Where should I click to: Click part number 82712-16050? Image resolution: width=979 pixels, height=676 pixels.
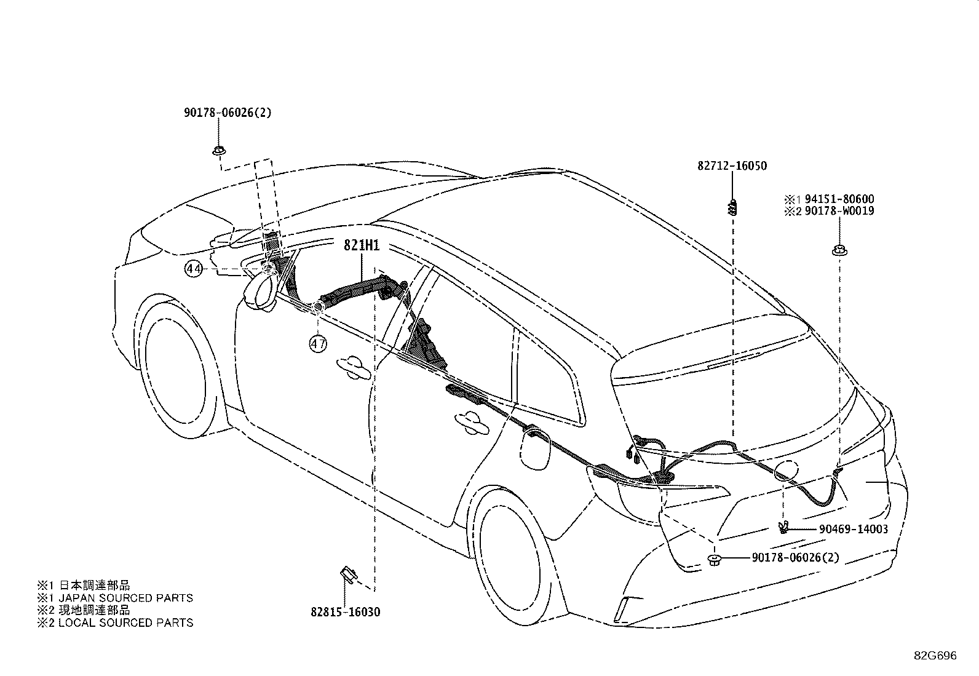point(732,165)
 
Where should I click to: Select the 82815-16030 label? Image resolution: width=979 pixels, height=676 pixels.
point(345,612)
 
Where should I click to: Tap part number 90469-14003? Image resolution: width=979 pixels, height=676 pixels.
point(854,529)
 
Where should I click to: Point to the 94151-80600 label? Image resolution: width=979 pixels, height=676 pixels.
point(839,199)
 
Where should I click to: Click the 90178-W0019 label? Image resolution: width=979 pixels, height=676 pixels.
point(839,211)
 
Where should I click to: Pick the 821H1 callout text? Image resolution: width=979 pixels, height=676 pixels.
point(362,245)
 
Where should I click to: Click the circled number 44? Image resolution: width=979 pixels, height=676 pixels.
point(194,268)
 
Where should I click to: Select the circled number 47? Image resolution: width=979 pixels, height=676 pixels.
point(318,344)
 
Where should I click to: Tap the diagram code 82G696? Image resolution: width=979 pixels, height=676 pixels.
point(935,656)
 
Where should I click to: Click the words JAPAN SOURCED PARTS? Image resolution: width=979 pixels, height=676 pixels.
point(126,598)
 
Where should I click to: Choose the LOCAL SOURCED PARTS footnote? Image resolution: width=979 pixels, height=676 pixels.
point(126,622)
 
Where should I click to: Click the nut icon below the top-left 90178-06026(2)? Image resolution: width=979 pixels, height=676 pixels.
point(219,151)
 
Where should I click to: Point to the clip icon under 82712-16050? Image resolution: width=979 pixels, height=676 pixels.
point(732,207)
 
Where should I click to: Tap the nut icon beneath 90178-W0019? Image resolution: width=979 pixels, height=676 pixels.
point(839,250)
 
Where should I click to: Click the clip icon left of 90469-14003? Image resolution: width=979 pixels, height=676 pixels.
point(784,527)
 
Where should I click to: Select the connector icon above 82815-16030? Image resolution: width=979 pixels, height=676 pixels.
point(348,574)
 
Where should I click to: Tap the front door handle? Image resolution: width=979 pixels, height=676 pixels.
point(354,367)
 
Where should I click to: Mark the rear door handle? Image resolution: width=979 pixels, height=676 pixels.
point(472,423)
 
